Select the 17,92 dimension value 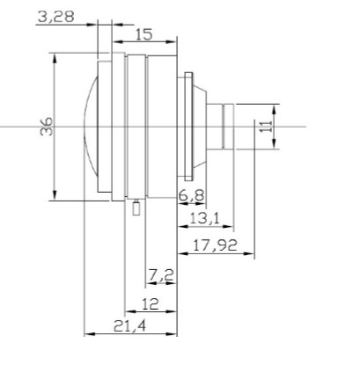point(214,246)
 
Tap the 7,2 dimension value point(160,276)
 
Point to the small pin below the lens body point(136,208)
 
